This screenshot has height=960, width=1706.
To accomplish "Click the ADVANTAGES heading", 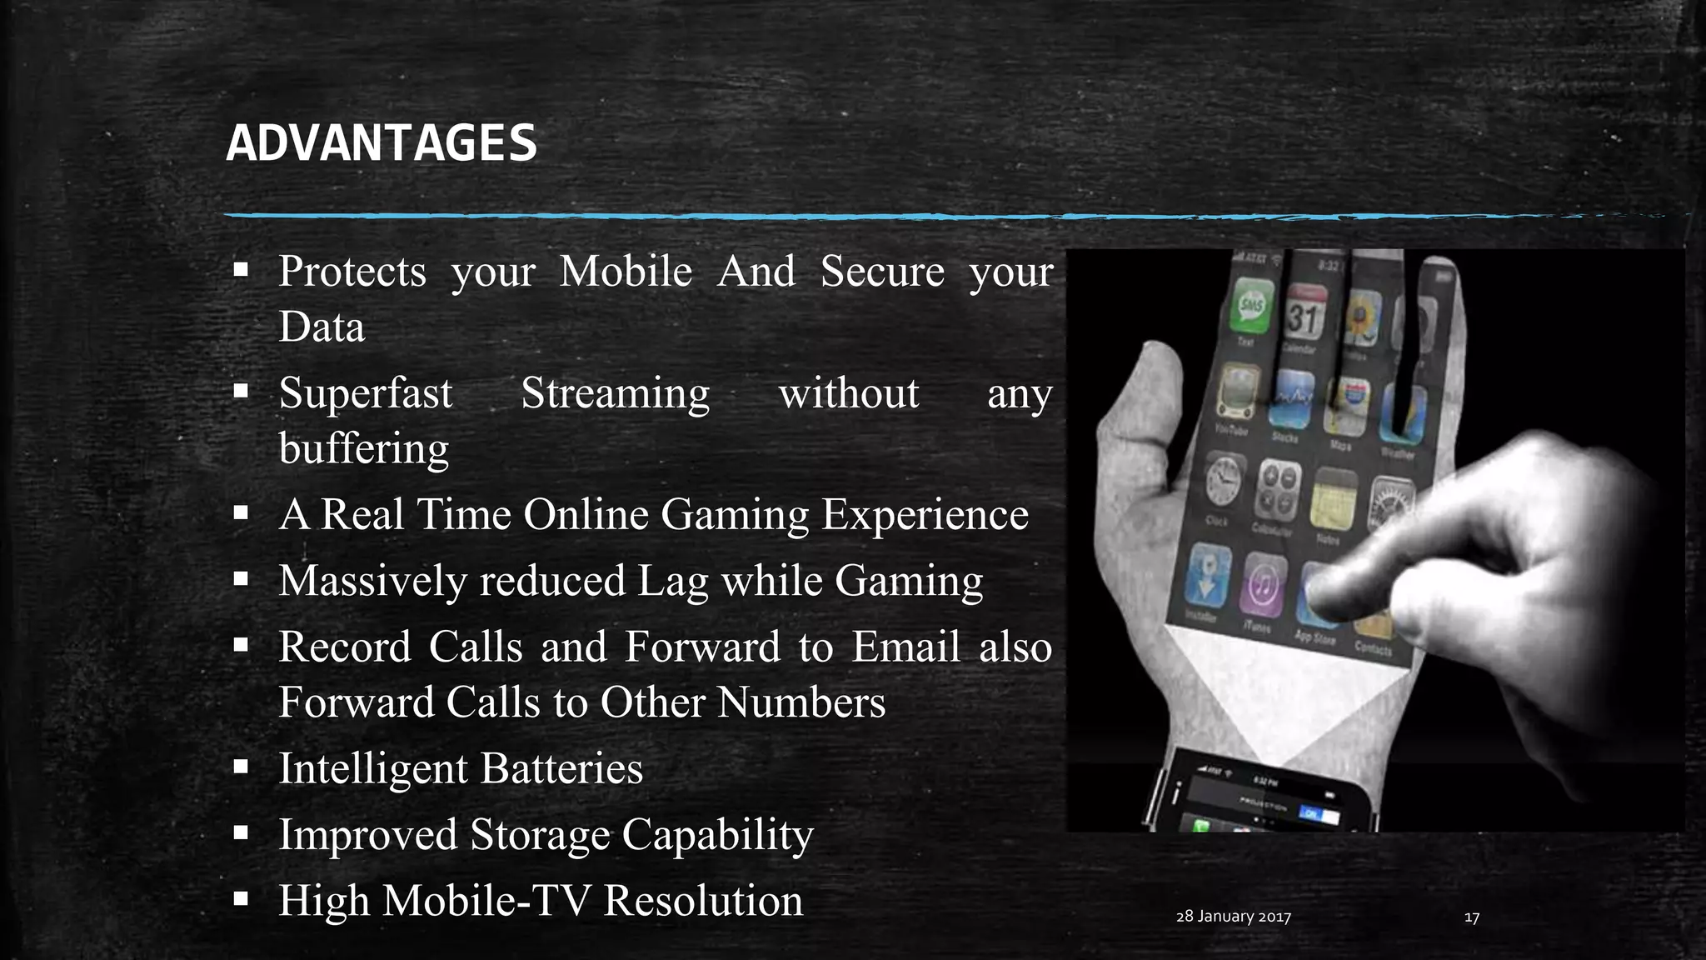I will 382,143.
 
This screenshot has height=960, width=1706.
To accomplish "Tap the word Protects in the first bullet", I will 352,272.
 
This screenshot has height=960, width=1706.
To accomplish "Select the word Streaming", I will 615,393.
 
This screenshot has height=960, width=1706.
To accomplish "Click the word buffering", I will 363,448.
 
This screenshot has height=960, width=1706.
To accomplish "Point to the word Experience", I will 925,514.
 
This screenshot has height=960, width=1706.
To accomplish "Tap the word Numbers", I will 801,702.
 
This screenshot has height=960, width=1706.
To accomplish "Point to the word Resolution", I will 703,901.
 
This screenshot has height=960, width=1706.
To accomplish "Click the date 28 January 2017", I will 1233,917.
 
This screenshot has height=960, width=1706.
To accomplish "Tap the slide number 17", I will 1471,917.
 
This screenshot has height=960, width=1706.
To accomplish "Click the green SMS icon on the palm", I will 1251,307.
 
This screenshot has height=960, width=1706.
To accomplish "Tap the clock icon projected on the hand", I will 1223,482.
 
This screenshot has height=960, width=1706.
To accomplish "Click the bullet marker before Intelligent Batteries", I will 242,767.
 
